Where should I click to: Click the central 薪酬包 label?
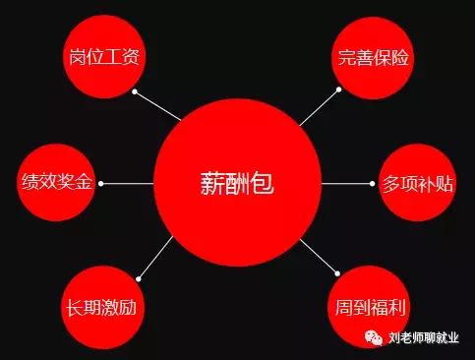237,183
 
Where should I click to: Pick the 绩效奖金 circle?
57,183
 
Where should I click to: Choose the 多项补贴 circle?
417,183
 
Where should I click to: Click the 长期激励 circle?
103,306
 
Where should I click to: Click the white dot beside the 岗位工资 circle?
136,92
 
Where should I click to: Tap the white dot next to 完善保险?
338,90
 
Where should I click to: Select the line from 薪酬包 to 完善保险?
319,108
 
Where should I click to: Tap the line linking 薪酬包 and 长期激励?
154,255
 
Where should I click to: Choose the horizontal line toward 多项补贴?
346,183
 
